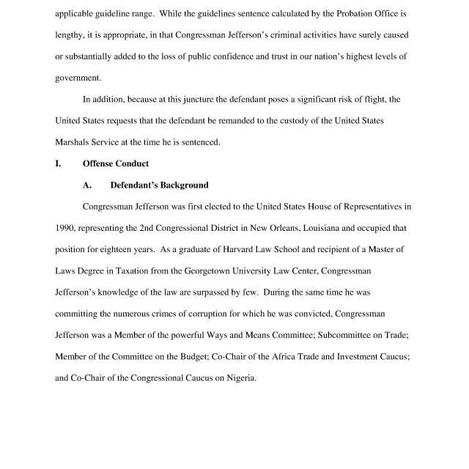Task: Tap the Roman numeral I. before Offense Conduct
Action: (x=58, y=163)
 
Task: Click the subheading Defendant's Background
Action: (x=159, y=185)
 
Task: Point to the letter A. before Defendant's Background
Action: (x=87, y=185)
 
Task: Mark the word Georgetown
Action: (x=237, y=270)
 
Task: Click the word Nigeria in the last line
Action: (x=239, y=378)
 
